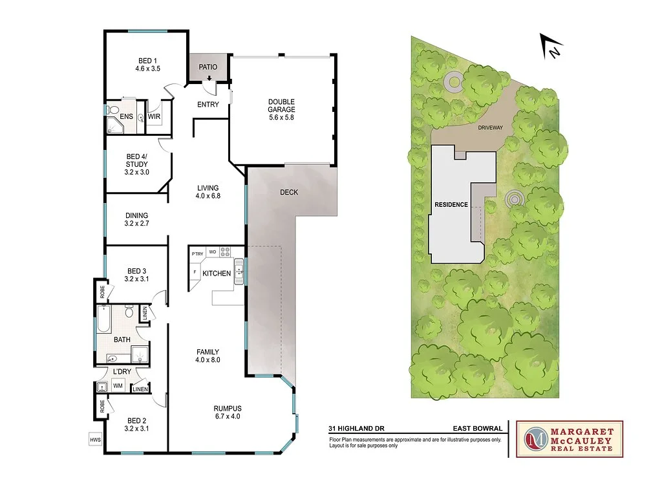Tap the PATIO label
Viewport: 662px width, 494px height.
(x=208, y=67)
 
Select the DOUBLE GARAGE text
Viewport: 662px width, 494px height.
(x=281, y=106)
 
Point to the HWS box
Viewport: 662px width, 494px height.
(x=95, y=439)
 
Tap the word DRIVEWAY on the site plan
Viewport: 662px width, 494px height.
(x=490, y=128)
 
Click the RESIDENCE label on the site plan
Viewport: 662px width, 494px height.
(x=451, y=204)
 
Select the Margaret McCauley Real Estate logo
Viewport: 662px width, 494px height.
(x=570, y=439)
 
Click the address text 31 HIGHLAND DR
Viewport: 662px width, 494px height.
(x=353, y=428)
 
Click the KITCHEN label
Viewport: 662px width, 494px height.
(x=217, y=274)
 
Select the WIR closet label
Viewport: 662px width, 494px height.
(x=154, y=116)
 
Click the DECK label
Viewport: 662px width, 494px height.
(x=289, y=192)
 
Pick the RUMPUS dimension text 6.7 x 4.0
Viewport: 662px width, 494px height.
(x=228, y=416)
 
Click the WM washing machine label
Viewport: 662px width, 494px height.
(x=118, y=386)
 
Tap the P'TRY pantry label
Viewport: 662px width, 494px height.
(x=197, y=254)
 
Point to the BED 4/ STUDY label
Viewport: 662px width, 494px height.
(x=137, y=164)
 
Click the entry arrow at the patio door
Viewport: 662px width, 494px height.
(x=209, y=80)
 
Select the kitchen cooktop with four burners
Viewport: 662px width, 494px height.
(x=226, y=252)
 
